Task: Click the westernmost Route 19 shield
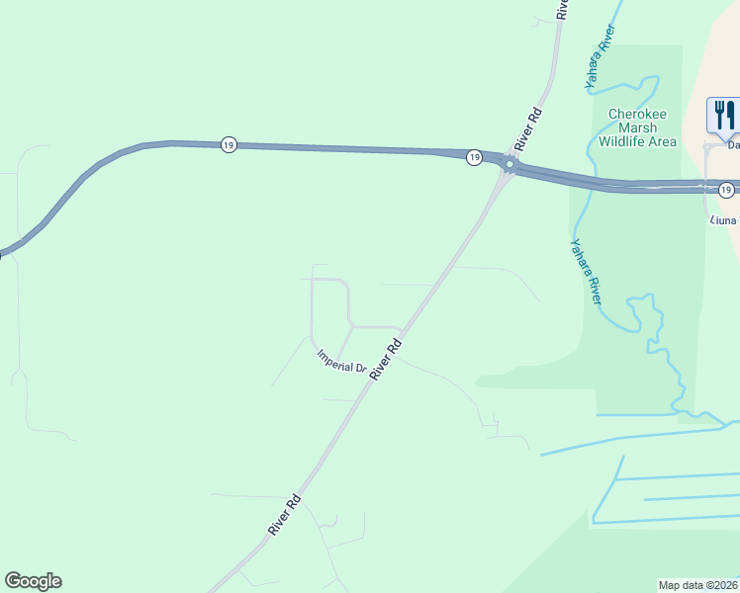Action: (229, 144)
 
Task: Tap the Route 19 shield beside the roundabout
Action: (474, 157)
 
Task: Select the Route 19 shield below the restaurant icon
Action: (726, 189)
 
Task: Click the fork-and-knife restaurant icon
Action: (723, 115)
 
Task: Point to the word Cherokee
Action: (638, 115)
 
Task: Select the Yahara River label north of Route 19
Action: (601, 58)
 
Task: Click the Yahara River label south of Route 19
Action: (587, 271)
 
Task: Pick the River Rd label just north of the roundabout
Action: (531, 127)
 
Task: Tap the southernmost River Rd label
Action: (284, 515)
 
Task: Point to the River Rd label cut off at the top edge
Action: (562, 9)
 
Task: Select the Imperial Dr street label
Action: (341, 362)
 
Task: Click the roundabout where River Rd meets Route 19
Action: (509, 165)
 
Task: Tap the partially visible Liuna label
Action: (723, 219)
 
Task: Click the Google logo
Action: (33, 581)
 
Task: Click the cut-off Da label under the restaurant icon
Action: (734, 145)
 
